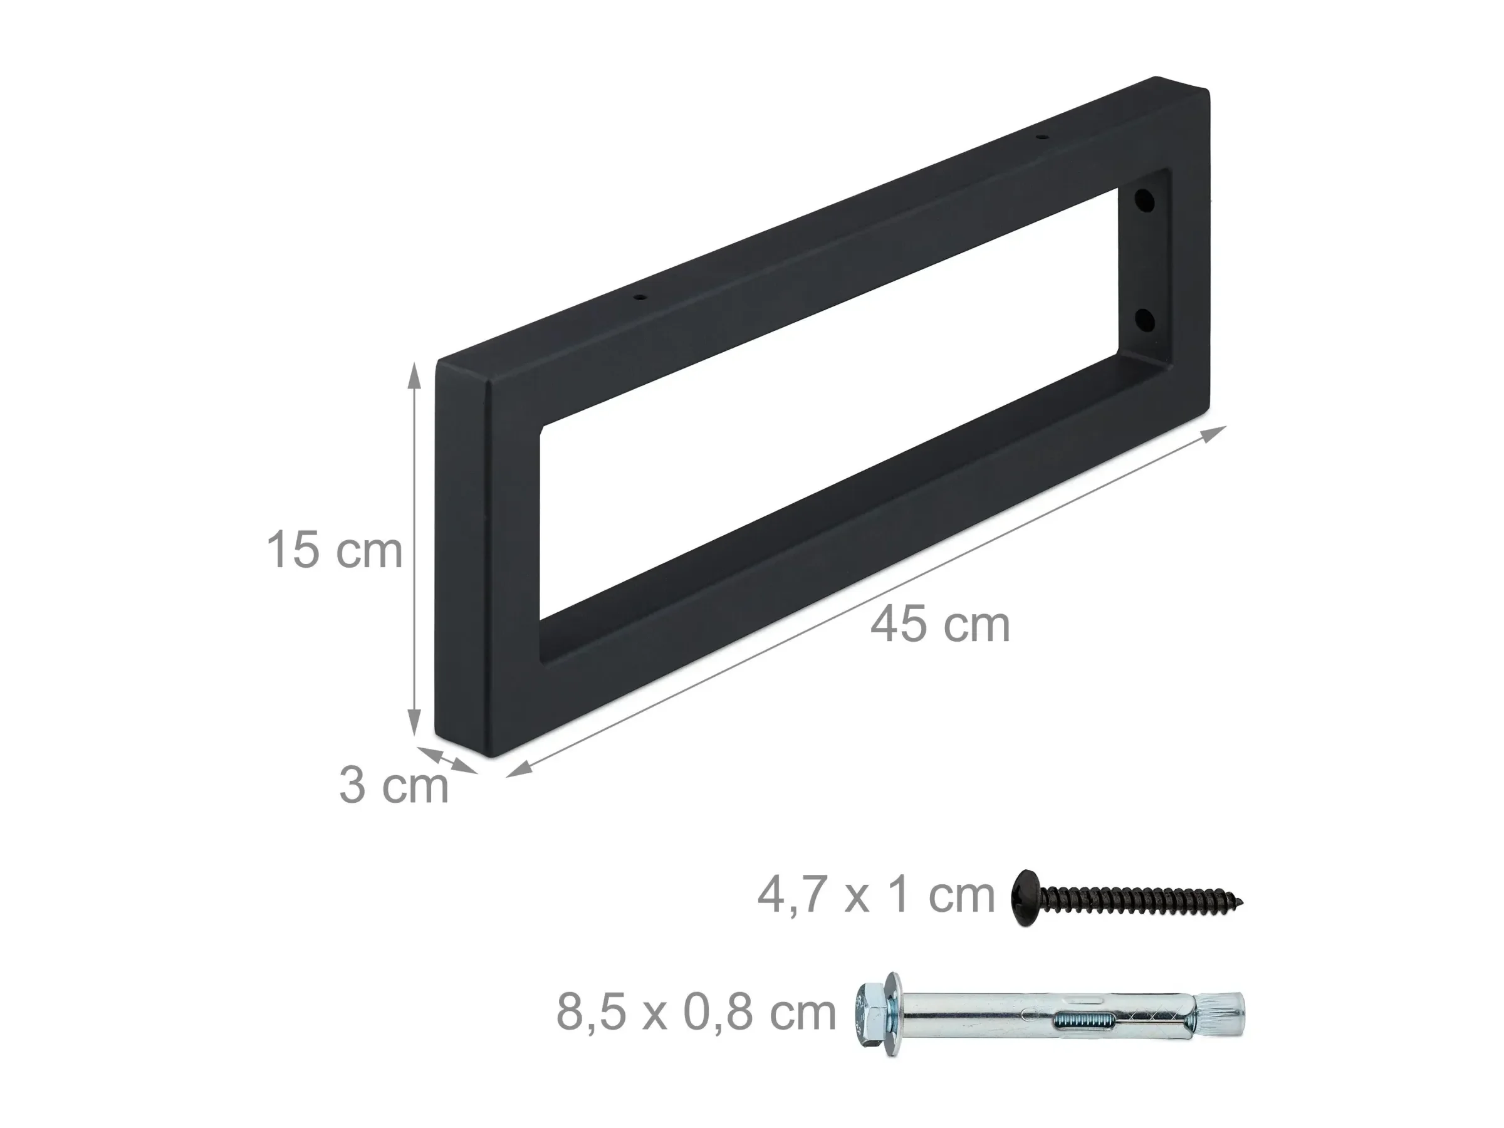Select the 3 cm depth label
pyautogui.click(x=394, y=786)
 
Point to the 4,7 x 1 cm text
pyautogui.click(x=875, y=897)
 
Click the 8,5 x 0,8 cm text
pyautogui.click(x=696, y=1013)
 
